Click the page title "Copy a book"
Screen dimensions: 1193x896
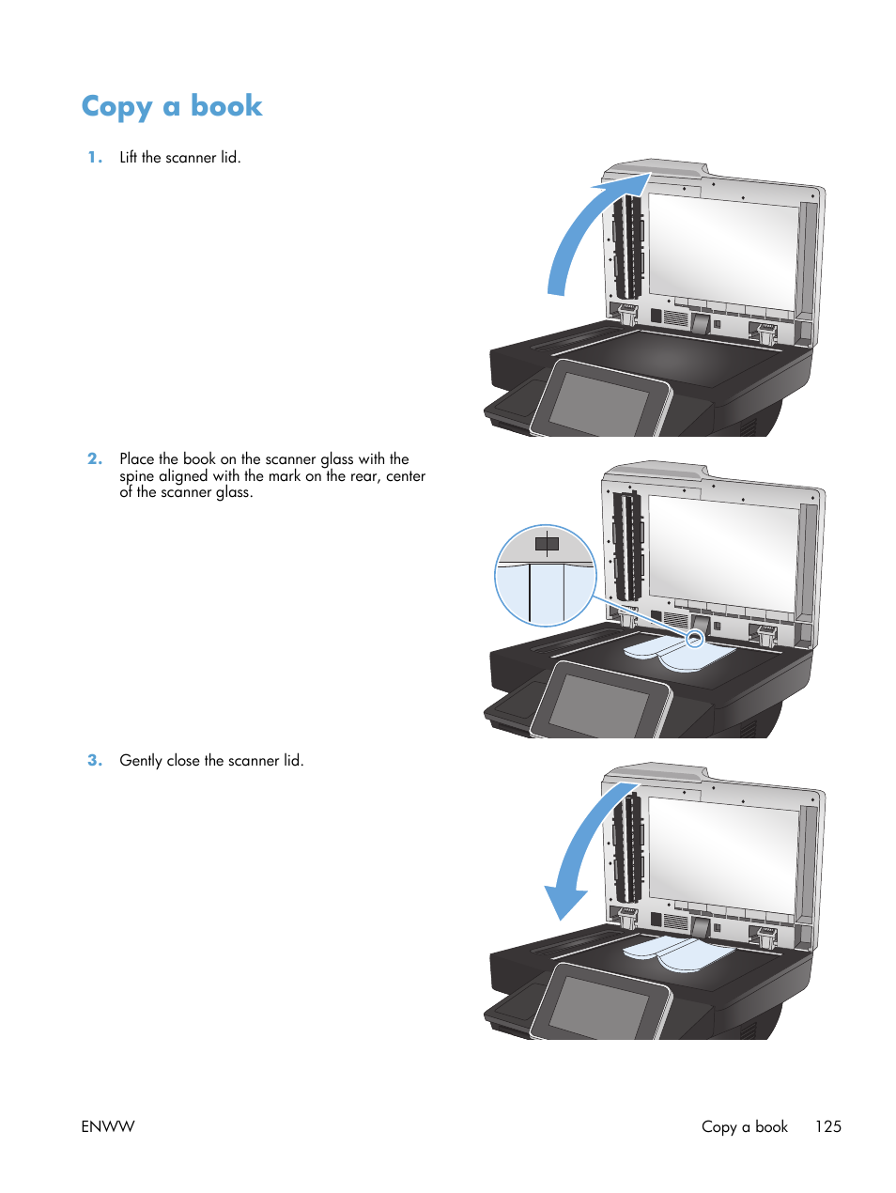172,106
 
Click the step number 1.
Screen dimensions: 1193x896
94,158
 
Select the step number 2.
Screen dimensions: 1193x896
94,459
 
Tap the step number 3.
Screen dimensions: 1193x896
94,761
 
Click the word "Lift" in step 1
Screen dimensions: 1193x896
129,158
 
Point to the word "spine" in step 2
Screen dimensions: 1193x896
136,476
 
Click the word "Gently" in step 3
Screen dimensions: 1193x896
141,761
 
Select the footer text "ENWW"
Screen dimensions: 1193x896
108,1126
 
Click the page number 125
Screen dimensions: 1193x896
827,1126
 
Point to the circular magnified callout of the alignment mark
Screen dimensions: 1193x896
546,576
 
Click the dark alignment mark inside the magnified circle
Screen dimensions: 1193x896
547,544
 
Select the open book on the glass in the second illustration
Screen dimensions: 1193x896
679,654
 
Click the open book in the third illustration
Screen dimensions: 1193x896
679,953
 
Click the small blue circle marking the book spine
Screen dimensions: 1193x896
694,639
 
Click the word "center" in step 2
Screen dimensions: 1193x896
406,476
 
